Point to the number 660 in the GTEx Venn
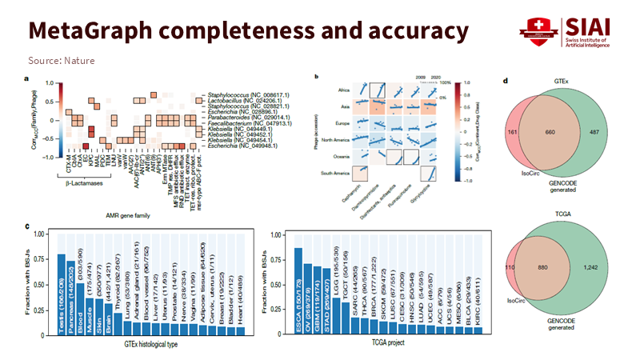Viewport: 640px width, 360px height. (x=550, y=131)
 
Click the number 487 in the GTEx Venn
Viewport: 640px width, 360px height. (x=594, y=131)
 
